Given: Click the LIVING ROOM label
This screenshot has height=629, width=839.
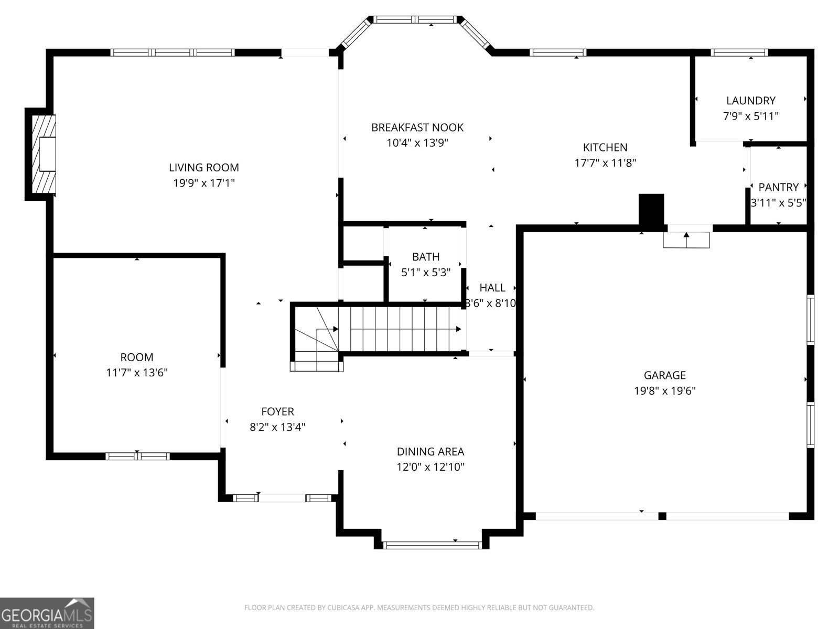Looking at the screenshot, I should [203, 168].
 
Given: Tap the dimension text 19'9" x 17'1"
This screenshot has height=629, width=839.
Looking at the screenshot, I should [203, 183].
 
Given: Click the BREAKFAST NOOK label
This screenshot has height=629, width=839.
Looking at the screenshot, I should [417, 127].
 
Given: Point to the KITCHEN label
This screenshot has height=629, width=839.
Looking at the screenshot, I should [605, 148].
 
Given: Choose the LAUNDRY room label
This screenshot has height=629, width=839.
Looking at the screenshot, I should [750, 101].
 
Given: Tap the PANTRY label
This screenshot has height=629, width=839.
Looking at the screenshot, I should [778, 187].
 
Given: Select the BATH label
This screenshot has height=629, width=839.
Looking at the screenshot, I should [425, 257].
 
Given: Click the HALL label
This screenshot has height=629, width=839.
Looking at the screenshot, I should [492, 288].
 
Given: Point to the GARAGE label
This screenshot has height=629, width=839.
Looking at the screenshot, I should [664, 375].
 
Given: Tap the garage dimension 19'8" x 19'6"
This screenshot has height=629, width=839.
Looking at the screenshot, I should [664, 391].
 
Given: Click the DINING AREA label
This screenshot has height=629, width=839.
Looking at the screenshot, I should [430, 452].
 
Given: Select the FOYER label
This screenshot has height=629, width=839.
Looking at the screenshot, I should [277, 412].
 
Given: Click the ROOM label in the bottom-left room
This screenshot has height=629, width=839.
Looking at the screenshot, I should [136, 357].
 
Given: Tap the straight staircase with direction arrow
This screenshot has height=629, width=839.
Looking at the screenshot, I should [401, 329].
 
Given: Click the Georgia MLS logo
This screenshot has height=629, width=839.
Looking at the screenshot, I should [47, 613].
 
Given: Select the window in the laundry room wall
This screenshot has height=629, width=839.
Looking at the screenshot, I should [739, 52].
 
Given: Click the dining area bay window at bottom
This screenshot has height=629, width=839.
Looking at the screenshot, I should [432, 545].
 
